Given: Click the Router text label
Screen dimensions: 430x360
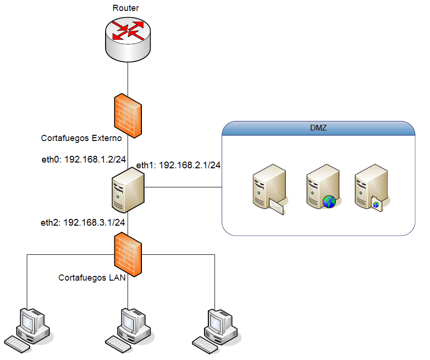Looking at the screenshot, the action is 126,8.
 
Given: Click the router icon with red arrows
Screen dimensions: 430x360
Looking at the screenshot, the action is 128,40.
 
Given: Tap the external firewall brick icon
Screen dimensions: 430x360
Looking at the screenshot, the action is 128,116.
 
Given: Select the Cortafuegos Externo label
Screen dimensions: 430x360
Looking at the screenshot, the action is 81,138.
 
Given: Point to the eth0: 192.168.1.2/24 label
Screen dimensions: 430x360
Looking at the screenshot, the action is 84,159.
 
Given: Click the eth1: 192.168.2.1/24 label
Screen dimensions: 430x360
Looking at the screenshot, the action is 178,165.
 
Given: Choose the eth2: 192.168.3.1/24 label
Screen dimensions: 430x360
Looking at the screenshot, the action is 83,222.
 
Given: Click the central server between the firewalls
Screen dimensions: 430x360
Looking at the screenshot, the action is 128,190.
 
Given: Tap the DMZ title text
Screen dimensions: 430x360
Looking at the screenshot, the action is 318,128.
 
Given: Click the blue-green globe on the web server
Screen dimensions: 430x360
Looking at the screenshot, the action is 329,202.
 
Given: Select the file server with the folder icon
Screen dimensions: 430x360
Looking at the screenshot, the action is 372,188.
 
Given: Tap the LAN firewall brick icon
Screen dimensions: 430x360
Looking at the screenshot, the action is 128,254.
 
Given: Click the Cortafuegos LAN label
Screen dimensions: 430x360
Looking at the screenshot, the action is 92,278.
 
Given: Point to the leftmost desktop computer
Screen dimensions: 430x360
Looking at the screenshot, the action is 29,330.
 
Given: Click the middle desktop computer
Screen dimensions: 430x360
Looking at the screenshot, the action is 129,330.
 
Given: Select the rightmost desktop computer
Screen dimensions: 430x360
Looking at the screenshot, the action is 216,331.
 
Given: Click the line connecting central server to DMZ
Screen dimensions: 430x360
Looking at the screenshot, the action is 183,187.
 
